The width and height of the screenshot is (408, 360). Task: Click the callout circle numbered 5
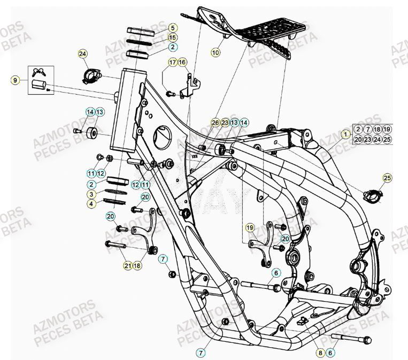pyautogui.click(x=172, y=28)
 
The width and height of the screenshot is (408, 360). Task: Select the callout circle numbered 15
pyautogui.click(x=172, y=37)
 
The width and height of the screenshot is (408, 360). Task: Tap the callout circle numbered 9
pyautogui.click(x=16, y=80)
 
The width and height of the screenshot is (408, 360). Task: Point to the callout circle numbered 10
pyautogui.click(x=215, y=52)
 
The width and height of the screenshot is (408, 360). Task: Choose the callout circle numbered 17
pyautogui.click(x=172, y=63)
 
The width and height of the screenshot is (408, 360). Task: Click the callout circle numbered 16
pyautogui.click(x=182, y=63)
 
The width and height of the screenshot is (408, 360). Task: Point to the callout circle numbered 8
pyautogui.click(x=320, y=353)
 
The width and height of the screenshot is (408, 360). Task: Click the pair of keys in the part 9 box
pyautogui.click(x=40, y=71)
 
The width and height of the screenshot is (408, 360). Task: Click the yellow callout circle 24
pyautogui.click(x=82, y=53)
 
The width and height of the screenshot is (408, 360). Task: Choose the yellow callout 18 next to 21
pyautogui.click(x=137, y=265)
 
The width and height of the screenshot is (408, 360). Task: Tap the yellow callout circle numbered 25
pyautogui.click(x=387, y=178)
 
